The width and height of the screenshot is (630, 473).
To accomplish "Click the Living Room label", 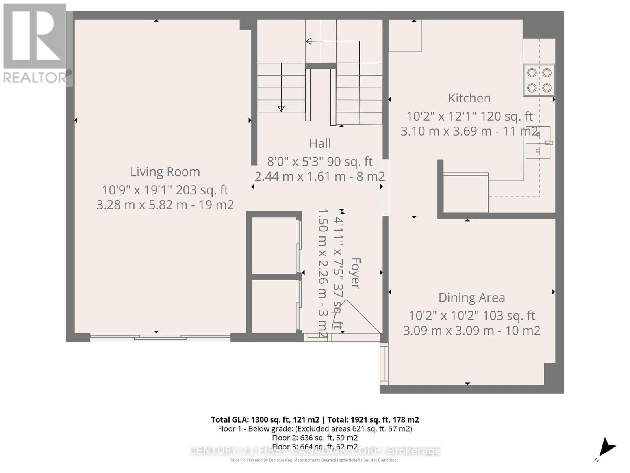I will tap(165, 172).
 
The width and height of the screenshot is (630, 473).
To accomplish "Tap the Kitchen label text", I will tap(469, 98).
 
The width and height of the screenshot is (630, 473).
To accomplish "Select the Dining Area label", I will tap(471, 298).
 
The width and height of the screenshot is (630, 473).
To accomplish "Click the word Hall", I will tap(319, 143).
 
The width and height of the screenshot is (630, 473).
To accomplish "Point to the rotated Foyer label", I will tap(355, 273).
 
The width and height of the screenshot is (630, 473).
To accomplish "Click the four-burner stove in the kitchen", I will tap(539, 80).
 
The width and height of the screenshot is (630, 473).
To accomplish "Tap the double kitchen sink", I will tap(538, 143).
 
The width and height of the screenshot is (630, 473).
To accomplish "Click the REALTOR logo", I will tap(35, 43).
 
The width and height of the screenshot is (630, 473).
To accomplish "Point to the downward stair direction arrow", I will tap(281, 108).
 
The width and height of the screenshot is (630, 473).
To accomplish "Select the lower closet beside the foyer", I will tap(274, 306).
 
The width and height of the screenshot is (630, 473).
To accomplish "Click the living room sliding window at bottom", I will tap(160, 337).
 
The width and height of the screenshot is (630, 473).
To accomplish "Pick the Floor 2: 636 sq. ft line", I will tap(315, 438).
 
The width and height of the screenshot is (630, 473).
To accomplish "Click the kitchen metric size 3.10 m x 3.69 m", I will tap(446, 131).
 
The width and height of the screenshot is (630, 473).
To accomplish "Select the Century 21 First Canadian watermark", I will tap(315, 451).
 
